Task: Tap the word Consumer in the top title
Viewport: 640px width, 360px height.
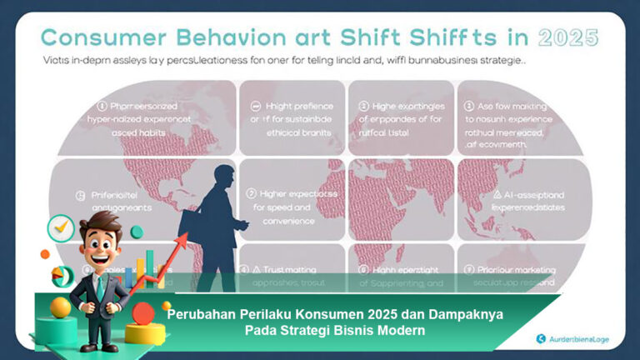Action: click(104, 37)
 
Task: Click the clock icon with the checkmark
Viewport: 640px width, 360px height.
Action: click(61, 227)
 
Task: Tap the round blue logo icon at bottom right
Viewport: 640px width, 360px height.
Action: click(541, 337)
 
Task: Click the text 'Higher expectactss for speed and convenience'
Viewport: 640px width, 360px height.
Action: click(292, 207)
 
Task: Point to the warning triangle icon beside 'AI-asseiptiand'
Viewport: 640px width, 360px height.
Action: click(497, 193)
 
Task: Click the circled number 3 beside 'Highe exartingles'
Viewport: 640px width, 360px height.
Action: click(364, 106)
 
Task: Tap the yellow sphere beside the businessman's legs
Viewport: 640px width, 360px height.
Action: click(61, 307)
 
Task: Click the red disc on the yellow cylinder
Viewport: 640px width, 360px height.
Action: click(143, 314)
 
